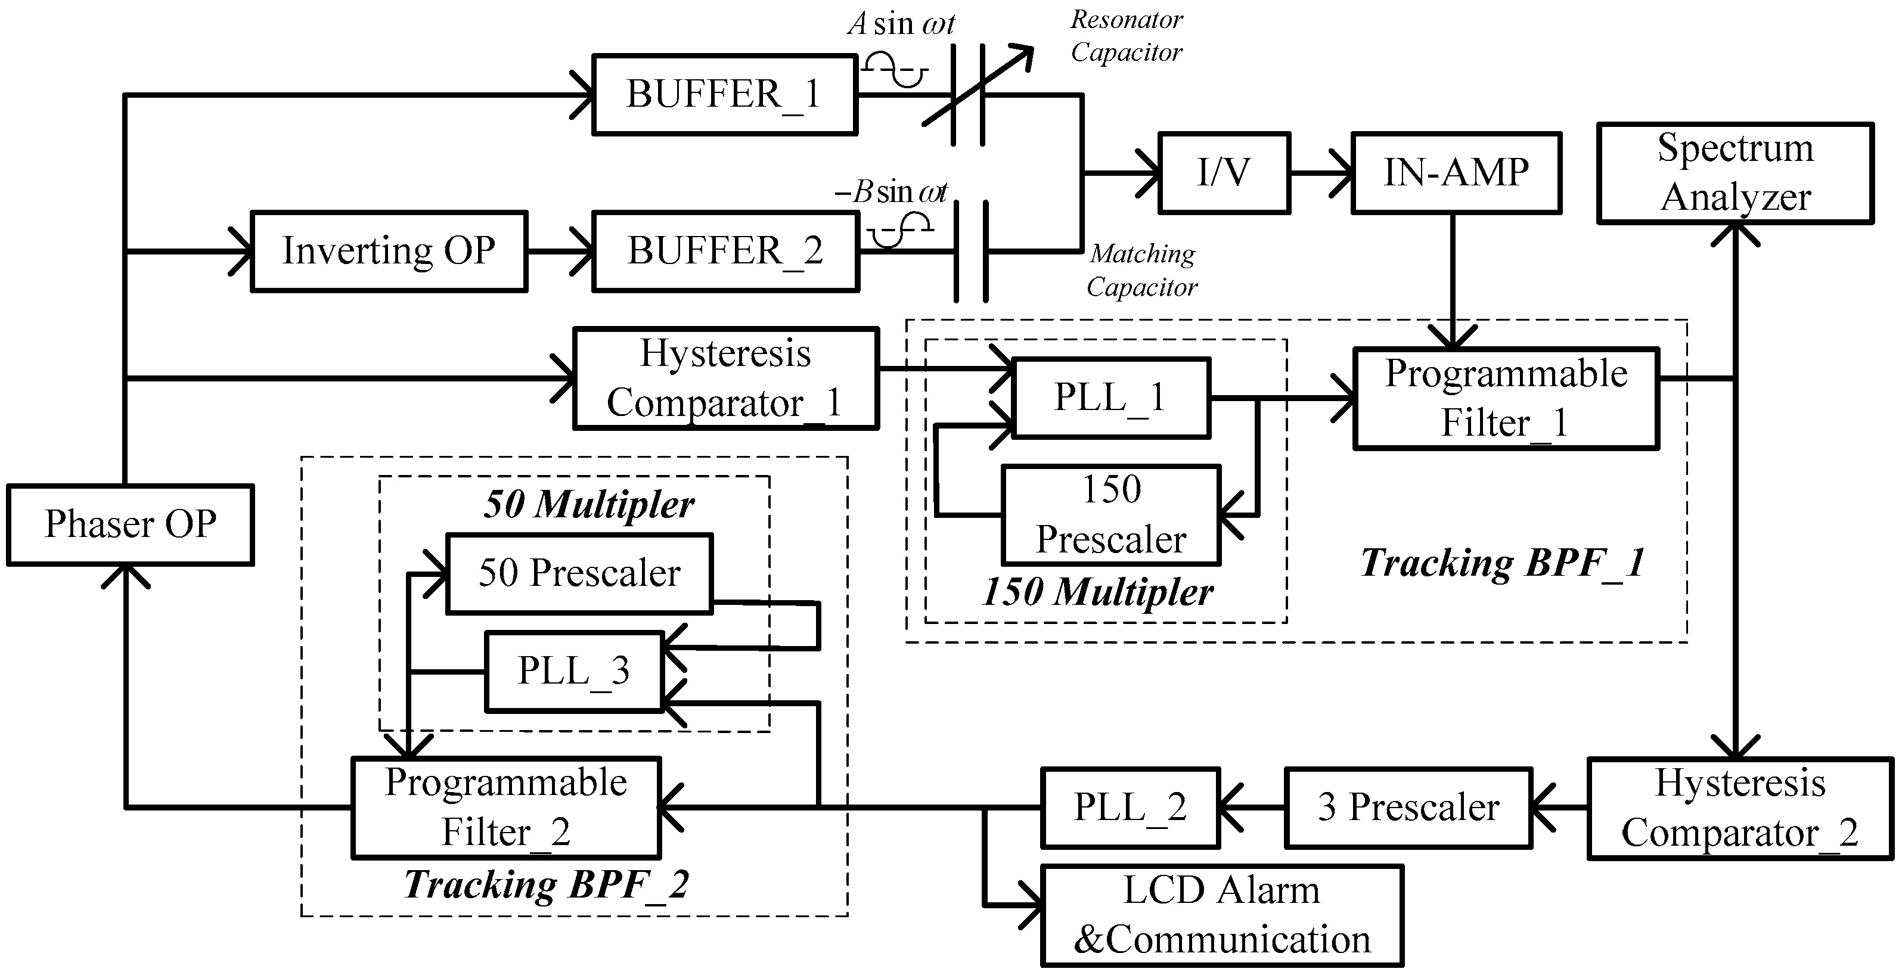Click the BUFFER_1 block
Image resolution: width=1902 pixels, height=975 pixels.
724,95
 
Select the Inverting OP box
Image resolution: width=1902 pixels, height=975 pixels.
389,251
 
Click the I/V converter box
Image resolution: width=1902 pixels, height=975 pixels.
1224,173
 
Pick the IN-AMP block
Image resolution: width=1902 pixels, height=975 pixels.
1456,173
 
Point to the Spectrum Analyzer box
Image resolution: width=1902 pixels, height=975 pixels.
1735,173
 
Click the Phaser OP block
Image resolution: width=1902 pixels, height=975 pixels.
130,525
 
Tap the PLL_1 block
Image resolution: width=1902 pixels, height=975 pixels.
1110,398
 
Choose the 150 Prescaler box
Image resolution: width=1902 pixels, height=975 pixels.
1110,514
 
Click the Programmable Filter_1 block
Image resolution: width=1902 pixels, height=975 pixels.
1506,399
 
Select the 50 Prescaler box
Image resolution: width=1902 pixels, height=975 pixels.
579,573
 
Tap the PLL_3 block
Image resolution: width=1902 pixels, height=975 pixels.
573,672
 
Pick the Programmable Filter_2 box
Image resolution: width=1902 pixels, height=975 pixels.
506,808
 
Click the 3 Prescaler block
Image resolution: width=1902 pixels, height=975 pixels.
1408,808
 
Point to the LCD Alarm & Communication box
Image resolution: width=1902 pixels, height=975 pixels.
1221,915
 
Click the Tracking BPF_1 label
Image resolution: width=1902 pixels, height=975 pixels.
1503,563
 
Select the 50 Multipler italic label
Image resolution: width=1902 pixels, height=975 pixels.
588,505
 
